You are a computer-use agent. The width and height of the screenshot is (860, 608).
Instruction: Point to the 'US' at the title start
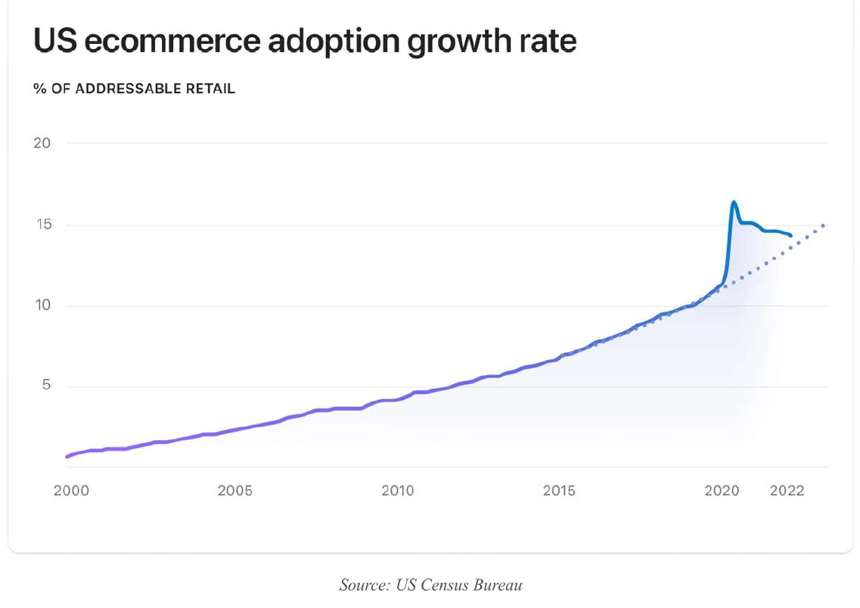pyautogui.click(x=54, y=42)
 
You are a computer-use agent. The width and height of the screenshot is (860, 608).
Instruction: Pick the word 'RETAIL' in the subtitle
pyautogui.click(x=211, y=88)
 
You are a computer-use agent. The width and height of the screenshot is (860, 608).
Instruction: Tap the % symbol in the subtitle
pyautogui.click(x=39, y=88)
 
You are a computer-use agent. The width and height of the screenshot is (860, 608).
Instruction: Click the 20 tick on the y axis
pyautogui.click(x=42, y=143)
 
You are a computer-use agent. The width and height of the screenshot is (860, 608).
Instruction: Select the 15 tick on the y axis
pyautogui.click(x=42, y=225)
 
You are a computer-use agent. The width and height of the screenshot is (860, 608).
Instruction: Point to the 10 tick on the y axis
pyautogui.click(x=42, y=306)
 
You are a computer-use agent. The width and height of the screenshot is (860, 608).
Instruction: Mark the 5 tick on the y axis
pyautogui.click(x=46, y=386)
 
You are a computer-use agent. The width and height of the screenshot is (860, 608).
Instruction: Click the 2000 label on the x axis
pyautogui.click(x=71, y=491)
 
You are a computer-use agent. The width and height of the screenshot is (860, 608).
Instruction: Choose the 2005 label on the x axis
pyautogui.click(x=234, y=491)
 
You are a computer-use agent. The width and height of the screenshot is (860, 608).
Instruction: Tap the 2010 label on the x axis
pyautogui.click(x=397, y=491)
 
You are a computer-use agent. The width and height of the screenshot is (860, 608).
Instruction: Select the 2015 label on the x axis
pyautogui.click(x=559, y=491)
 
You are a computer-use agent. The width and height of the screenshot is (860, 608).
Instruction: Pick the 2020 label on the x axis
pyautogui.click(x=722, y=491)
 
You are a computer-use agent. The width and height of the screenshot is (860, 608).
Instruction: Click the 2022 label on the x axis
pyautogui.click(x=787, y=491)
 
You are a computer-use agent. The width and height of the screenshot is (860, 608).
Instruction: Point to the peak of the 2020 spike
pyautogui.click(x=734, y=202)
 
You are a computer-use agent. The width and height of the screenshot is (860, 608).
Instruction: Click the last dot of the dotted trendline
pyautogui.click(x=823, y=225)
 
